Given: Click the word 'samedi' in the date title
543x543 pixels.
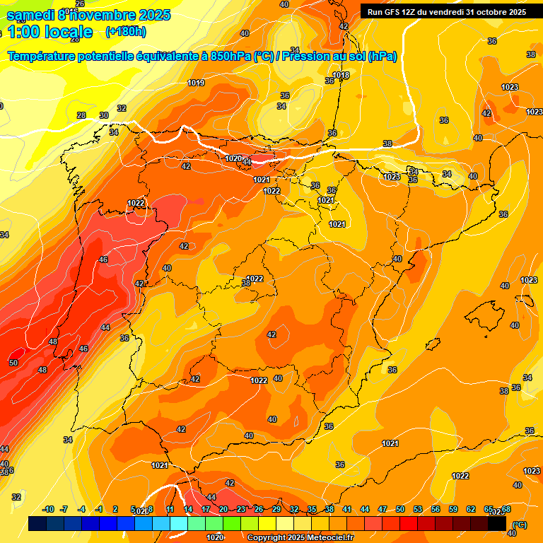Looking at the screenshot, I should point(30,15).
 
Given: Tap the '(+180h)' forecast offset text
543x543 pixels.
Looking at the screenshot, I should point(125,32).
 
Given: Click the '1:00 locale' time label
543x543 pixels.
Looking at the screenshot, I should point(49,32).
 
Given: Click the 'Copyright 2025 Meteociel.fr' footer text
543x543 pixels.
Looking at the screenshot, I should point(300,537).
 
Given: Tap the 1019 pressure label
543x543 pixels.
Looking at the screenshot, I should point(196,83).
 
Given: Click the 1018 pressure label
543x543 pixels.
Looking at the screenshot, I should point(341,75).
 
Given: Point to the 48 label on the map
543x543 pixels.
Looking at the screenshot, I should point(53,341).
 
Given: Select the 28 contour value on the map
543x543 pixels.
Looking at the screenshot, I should point(81,115).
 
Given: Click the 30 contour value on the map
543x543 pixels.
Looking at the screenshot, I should point(104,115).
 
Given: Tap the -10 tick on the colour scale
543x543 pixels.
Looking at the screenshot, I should point(49,509).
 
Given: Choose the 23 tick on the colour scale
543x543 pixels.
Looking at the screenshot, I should point(241,509).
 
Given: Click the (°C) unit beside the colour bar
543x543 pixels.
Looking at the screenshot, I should point(519,525).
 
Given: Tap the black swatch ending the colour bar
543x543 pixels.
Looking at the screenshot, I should point(497,524).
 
